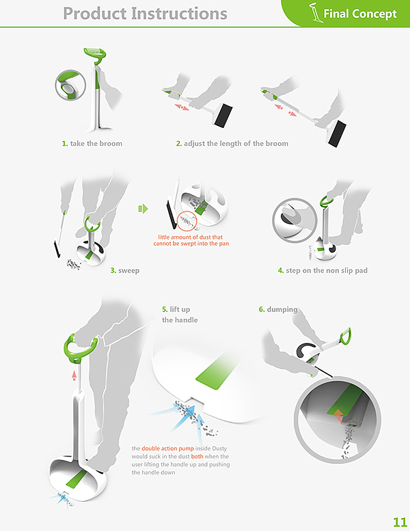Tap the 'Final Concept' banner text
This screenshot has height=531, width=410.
click(360, 14)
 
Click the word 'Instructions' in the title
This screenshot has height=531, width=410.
click(179, 14)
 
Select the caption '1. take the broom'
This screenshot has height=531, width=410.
click(92, 143)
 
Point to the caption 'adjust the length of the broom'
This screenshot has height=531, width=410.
click(236, 143)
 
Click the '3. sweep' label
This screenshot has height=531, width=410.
click(125, 270)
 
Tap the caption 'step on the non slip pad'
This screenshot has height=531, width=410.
click(327, 270)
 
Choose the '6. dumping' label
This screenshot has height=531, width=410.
click(278, 309)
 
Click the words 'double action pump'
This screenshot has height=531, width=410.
click(167, 448)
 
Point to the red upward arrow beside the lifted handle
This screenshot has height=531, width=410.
click(74, 376)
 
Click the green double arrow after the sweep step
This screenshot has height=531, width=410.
click(143, 209)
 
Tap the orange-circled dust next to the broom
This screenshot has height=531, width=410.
click(187, 222)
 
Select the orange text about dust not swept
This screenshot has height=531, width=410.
click(191, 240)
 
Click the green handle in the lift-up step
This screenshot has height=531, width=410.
click(81, 348)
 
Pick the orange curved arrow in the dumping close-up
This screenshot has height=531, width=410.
click(338, 415)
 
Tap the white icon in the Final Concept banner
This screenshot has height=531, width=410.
click(315, 12)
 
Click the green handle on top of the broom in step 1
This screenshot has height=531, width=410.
click(96, 54)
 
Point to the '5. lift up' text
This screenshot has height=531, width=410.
click(176, 309)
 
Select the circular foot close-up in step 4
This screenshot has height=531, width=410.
click(295, 220)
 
